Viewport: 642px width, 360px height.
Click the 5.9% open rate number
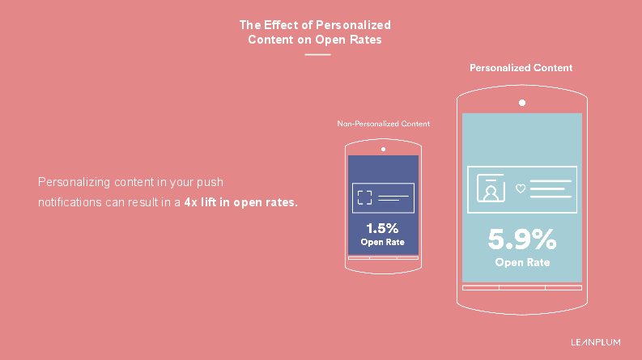coord(522,239)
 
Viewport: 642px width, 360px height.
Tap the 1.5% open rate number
coord(382,228)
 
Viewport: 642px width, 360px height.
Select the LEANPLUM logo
coord(596,342)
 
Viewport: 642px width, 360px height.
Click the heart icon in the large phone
coord(521,188)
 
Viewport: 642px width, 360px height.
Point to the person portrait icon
coord(491,188)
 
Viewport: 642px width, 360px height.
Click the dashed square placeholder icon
coord(365,197)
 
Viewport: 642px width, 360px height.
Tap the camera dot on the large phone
coord(522,103)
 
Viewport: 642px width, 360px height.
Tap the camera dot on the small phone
coord(383,150)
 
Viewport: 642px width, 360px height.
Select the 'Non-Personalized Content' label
coord(383,124)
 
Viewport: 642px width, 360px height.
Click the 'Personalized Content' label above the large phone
coord(521,68)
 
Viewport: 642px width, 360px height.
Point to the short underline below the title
coord(317,54)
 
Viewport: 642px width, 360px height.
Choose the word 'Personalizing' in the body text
coord(74,182)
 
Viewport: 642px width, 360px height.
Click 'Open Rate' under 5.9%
coord(522,262)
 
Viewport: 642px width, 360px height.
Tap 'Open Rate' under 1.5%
coord(382,242)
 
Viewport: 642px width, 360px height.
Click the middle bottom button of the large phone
coord(522,287)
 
